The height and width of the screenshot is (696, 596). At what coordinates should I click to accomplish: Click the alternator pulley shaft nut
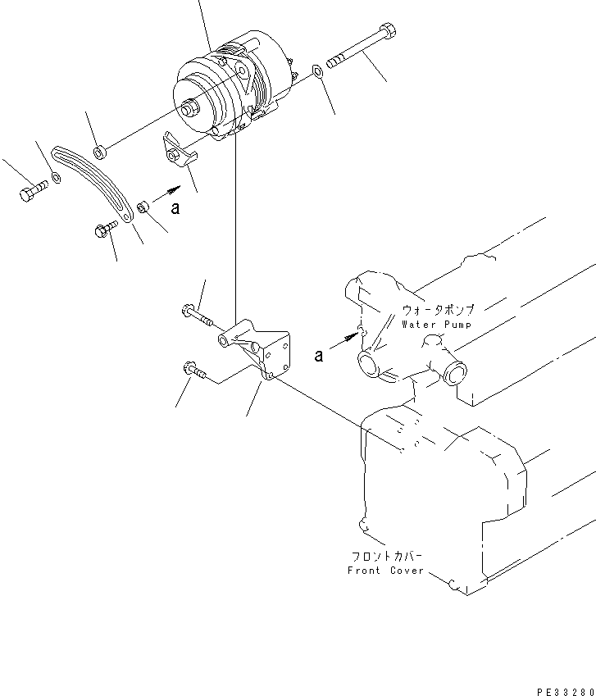point(190,107)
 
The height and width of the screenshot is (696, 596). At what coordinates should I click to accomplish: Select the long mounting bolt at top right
point(362,48)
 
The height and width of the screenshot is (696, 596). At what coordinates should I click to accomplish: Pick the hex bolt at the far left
point(31,192)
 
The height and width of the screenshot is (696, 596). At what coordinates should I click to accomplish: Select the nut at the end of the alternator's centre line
point(99,152)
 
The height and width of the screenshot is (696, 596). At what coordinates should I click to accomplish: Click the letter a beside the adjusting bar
point(175,208)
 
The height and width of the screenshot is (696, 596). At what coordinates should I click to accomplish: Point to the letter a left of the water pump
point(318,355)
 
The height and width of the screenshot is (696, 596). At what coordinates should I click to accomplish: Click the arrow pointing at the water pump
point(348,336)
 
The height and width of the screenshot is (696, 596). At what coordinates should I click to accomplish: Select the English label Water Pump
point(438,325)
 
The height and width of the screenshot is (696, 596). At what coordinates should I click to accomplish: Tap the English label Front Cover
point(385,571)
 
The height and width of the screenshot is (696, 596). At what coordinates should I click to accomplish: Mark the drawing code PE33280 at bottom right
point(562,690)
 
